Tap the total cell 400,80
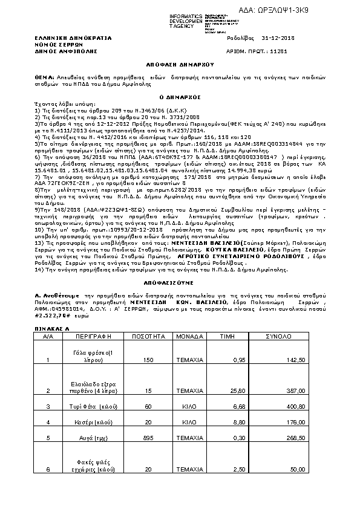click(295, 407)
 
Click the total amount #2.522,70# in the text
click(52, 316)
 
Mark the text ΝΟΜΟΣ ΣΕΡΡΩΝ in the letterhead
click(54, 45)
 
